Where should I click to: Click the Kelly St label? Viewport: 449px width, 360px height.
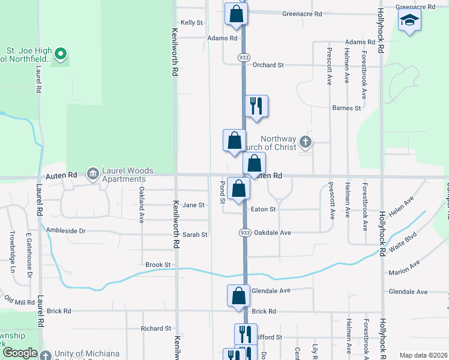[192, 22]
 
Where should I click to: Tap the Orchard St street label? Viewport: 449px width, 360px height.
[268, 65]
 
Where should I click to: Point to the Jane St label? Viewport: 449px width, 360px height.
[193, 205]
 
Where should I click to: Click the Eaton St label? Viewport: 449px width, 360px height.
[264, 209]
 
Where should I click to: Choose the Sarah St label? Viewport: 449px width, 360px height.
[195, 235]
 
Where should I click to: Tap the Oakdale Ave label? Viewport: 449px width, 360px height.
[272, 232]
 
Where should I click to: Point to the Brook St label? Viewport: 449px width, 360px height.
[158, 265]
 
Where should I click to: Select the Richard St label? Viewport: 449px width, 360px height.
[156, 328]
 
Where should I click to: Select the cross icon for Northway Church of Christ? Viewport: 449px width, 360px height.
[306, 142]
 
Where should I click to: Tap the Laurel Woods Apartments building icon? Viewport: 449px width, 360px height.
[93, 175]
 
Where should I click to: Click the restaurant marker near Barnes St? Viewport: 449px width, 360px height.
[256, 106]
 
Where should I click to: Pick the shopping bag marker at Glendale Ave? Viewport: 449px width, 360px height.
[238, 295]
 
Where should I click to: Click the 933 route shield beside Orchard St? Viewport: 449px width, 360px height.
[243, 57]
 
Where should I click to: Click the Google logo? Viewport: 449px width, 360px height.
[20, 353]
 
